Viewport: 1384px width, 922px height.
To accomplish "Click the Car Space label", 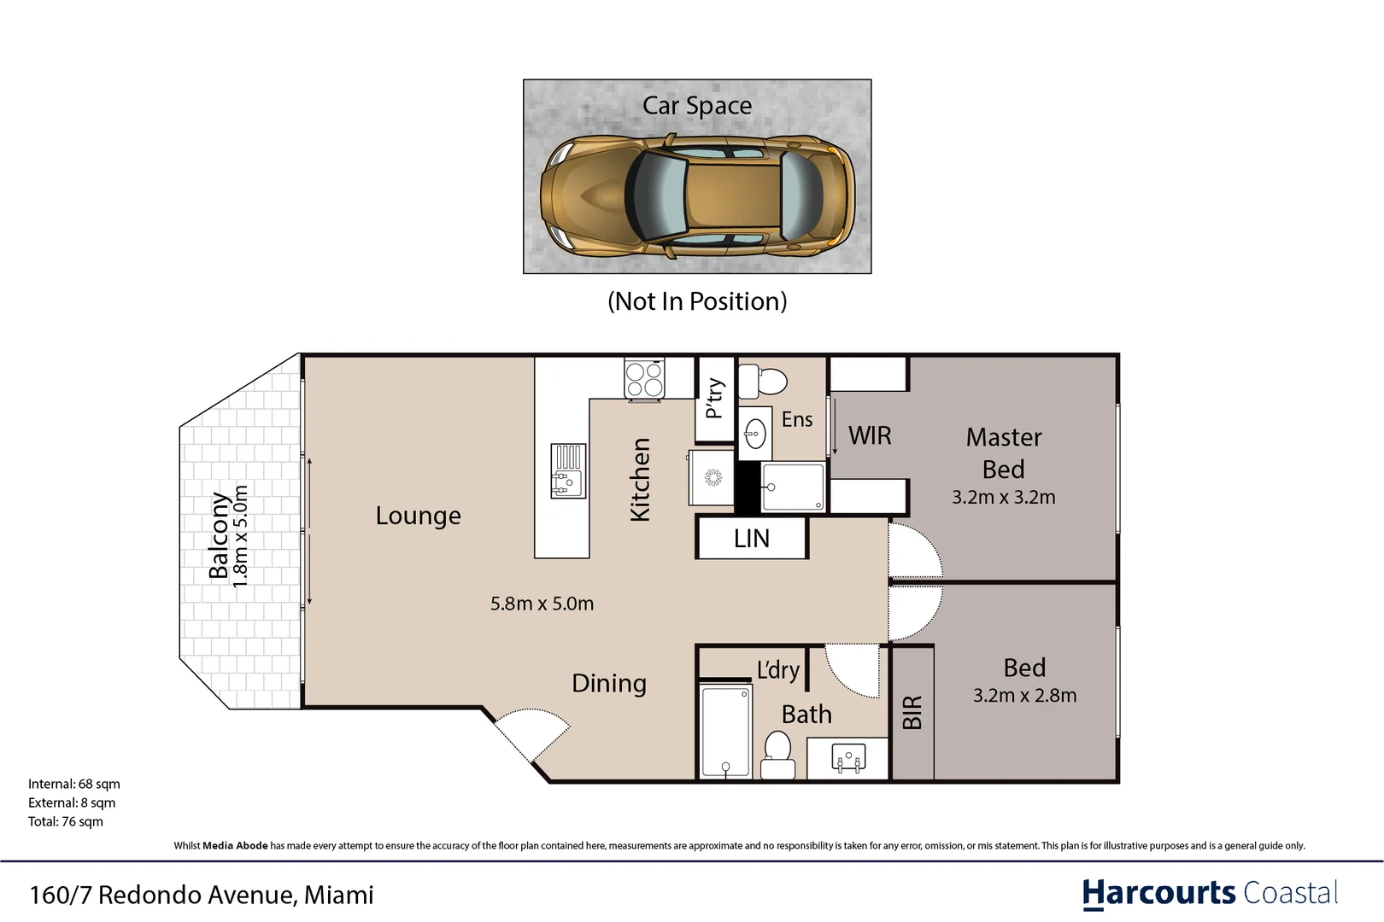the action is click(x=697, y=106).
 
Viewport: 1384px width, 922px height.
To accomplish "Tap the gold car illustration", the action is click(x=698, y=195).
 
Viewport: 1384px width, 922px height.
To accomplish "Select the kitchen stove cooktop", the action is click(x=644, y=378).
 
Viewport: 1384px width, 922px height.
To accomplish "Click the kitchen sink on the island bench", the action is click(x=568, y=470).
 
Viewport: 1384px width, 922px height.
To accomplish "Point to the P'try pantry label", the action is click(x=715, y=399).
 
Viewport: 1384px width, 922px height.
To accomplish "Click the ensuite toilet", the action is click(x=762, y=381).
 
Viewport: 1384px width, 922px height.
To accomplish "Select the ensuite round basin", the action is click(x=755, y=434).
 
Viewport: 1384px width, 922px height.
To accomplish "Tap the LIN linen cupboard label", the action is click(x=752, y=539).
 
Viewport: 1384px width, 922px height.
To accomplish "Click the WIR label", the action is click(x=870, y=435).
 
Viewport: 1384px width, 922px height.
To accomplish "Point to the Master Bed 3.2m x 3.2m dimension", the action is click(x=1003, y=497).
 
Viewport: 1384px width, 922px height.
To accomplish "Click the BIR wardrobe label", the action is click(x=912, y=712).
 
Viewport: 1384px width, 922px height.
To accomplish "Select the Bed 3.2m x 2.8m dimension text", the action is click(x=1024, y=696).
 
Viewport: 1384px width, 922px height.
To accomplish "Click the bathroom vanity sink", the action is click(x=848, y=758).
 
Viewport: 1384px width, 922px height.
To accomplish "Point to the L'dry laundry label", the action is click(x=778, y=669).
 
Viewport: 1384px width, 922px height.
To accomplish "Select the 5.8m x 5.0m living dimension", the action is click(x=542, y=604).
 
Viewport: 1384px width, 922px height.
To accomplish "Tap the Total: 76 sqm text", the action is click(x=66, y=821).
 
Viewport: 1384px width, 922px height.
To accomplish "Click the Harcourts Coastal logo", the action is click(x=1210, y=894).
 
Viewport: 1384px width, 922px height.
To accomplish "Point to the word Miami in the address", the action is click(x=339, y=895).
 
